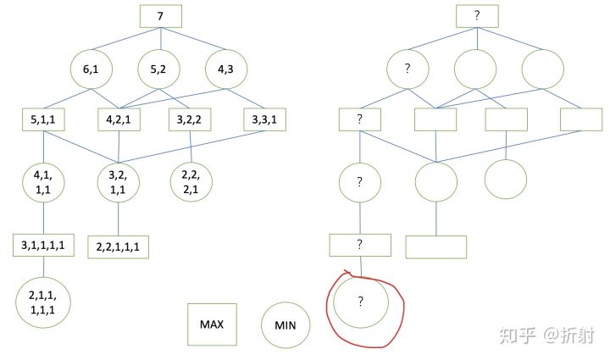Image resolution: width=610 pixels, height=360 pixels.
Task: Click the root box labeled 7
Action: [x=161, y=17]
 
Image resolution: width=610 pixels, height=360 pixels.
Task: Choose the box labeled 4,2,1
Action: [x=119, y=119]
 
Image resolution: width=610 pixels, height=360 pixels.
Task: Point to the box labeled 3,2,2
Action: [x=191, y=119]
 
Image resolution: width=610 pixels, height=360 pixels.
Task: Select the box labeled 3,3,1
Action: [x=264, y=119]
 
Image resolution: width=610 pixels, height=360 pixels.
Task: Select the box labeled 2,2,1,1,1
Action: [x=118, y=246]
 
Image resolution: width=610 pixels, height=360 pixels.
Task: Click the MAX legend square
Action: [x=210, y=324]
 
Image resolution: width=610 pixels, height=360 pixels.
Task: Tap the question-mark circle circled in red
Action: [x=360, y=301]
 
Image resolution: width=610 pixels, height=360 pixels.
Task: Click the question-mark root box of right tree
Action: [x=477, y=16]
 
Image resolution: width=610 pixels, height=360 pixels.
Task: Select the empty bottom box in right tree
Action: [x=436, y=246]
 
